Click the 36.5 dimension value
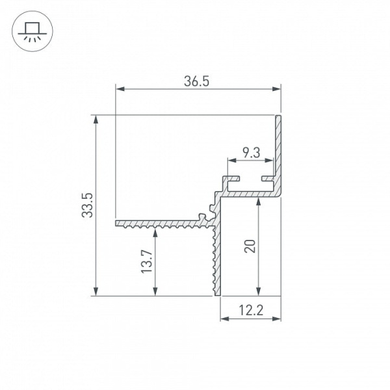point(196,81)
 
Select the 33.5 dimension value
point(87,205)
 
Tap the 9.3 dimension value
point(251,153)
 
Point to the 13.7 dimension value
point(147,262)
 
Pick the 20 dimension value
point(250,246)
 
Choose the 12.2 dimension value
point(251,310)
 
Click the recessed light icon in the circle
point(32,31)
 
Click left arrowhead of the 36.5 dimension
point(120,89)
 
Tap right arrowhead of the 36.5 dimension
point(276,89)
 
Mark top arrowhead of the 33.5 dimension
point(96,120)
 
